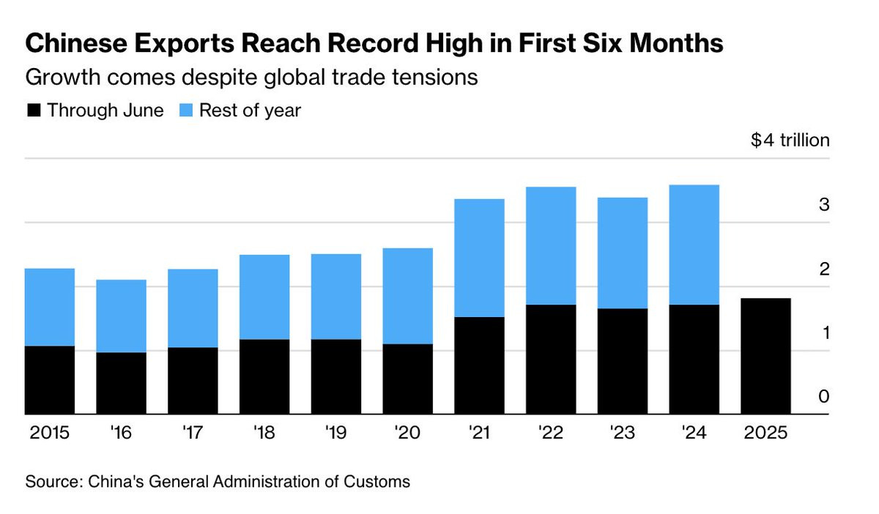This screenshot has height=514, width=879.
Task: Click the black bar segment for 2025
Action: (x=765, y=356)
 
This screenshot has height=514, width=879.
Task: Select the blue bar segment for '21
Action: (x=479, y=258)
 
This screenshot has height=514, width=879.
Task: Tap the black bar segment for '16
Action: (x=121, y=383)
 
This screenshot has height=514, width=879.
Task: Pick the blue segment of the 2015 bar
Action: (x=50, y=307)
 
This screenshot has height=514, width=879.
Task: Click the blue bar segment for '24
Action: (x=694, y=245)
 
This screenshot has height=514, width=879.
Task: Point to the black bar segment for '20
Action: (x=407, y=379)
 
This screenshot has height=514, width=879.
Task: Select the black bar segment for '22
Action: (x=551, y=359)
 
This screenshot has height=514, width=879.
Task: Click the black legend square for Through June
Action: (x=33, y=111)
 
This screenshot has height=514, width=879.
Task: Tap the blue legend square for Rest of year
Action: (x=185, y=111)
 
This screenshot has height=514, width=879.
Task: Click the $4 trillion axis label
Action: (x=790, y=140)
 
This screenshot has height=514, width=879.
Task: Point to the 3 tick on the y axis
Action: (x=823, y=205)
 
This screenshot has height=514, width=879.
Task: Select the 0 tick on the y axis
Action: (x=823, y=397)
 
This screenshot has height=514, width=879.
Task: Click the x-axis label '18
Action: (x=264, y=433)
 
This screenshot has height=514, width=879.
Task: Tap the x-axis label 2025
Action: (x=765, y=433)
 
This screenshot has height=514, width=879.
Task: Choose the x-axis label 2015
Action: (x=50, y=433)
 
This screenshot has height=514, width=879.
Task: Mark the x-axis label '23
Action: (x=622, y=433)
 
